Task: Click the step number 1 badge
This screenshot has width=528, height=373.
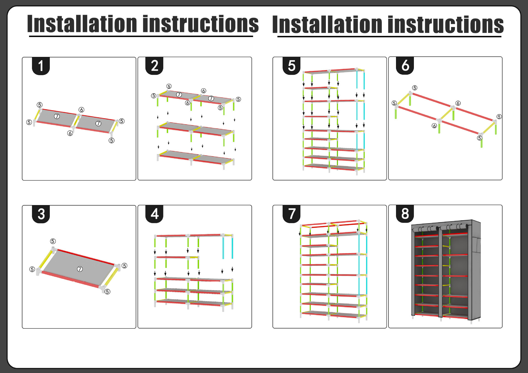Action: tap(41, 66)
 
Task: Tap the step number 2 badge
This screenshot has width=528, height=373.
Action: tap(154, 66)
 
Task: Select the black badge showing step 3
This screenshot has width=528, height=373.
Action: tap(41, 214)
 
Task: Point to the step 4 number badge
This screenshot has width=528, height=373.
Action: tap(154, 214)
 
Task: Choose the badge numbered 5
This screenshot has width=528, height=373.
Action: tap(291, 66)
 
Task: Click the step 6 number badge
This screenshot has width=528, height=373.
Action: tap(405, 66)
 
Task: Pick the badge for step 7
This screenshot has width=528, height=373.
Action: tap(291, 214)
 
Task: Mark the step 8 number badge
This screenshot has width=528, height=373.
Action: tap(405, 214)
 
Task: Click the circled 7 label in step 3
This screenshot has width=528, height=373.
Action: tap(80, 269)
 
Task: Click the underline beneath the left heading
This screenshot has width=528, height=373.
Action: tap(141, 36)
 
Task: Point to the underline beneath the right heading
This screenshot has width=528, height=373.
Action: tap(389, 36)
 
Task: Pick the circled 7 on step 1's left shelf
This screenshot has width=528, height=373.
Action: tap(57, 116)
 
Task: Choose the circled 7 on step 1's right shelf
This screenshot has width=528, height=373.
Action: tap(98, 123)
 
